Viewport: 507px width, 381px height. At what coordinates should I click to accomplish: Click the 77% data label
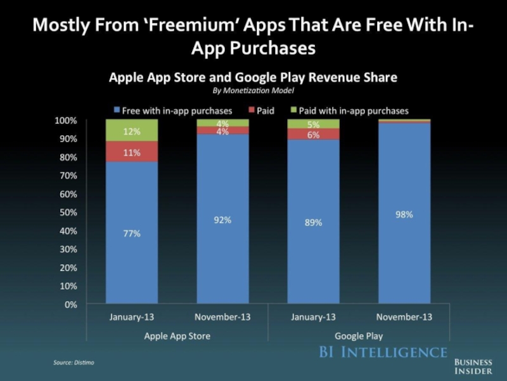point(132,233)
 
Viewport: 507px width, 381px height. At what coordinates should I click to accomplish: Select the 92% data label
point(222,220)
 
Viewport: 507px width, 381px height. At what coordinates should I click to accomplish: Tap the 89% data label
point(313,223)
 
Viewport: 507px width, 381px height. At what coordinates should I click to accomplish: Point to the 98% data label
point(404,215)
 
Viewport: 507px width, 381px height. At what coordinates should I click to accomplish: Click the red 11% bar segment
point(132,152)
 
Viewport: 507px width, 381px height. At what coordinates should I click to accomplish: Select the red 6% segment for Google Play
point(313,135)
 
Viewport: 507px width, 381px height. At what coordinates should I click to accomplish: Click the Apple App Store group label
point(177,335)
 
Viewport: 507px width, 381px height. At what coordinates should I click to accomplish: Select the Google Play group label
point(359,335)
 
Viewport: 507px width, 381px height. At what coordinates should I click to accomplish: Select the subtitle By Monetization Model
point(253,90)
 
